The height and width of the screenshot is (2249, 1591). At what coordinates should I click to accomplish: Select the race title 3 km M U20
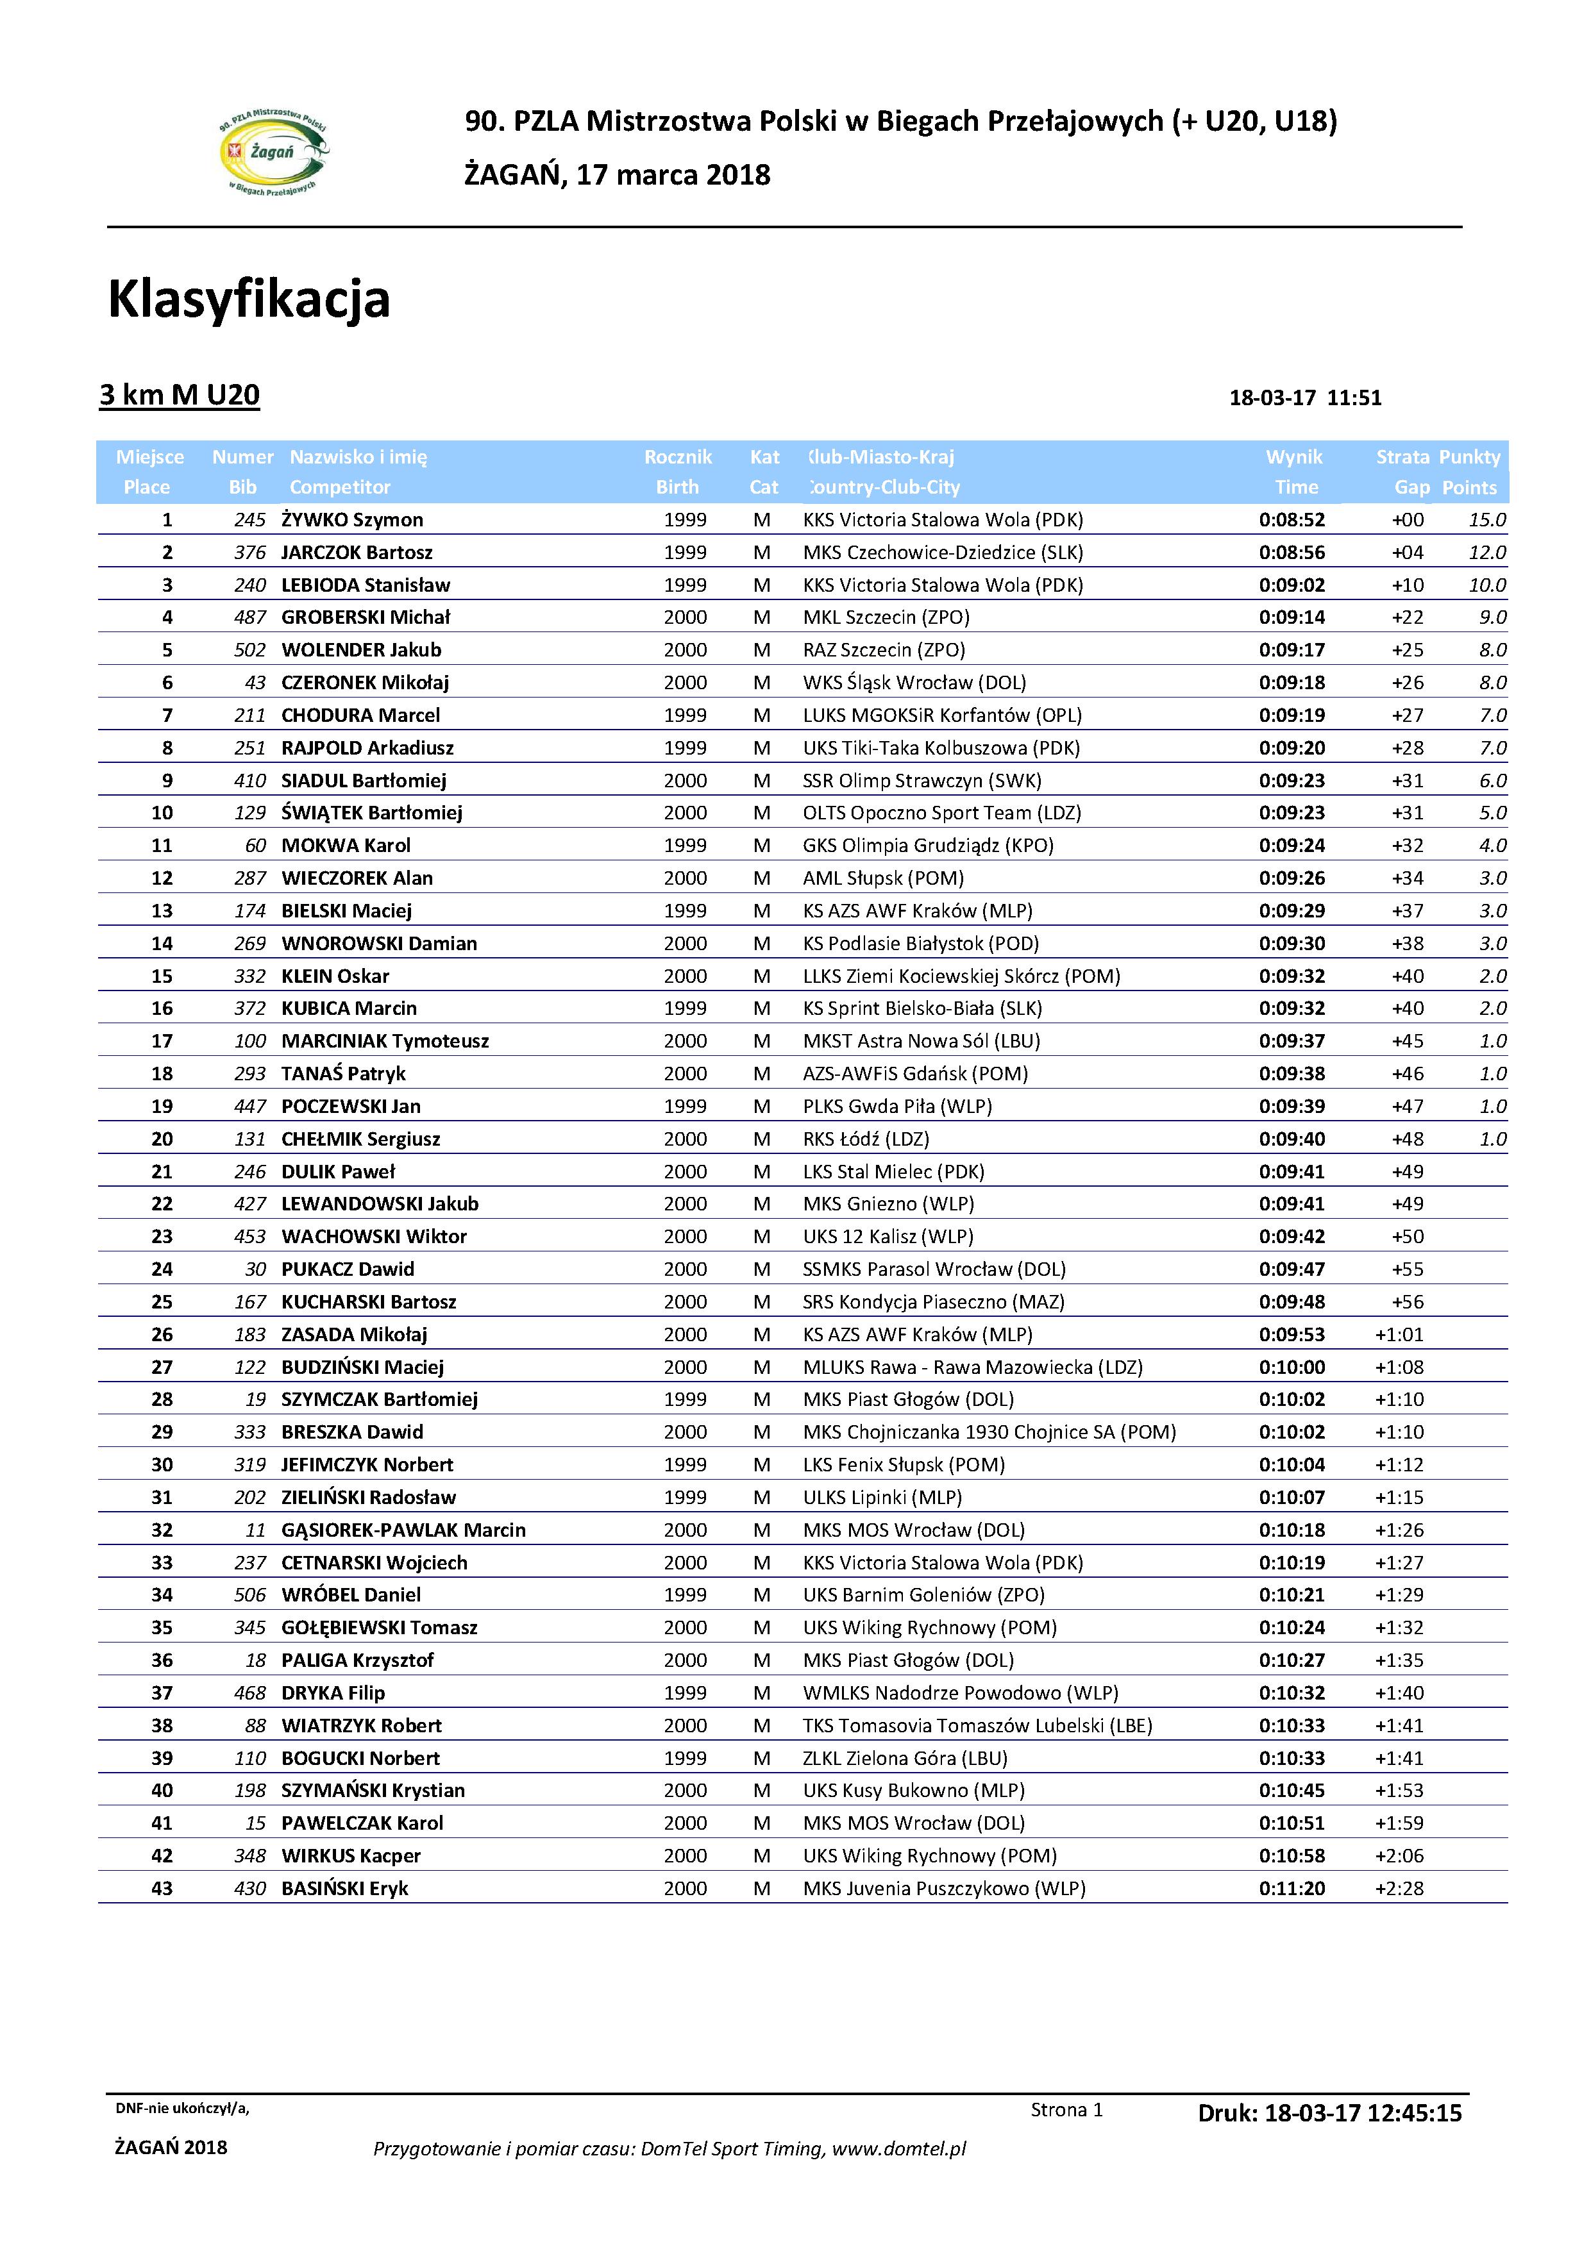[x=180, y=395]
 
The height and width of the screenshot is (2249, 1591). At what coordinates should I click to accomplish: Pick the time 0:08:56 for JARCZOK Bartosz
[x=1292, y=553]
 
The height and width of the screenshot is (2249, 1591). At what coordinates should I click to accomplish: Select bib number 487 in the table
[x=250, y=617]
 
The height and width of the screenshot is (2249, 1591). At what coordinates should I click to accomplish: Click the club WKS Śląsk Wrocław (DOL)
[x=914, y=683]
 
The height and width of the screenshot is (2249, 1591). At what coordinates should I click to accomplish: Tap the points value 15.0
[x=1486, y=520]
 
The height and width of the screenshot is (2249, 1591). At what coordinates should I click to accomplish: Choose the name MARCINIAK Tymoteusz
[x=385, y=1041]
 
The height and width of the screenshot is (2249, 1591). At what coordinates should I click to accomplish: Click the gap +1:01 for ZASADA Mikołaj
[x=1399, y=1334]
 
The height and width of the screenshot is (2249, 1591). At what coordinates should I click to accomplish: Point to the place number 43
[x=162, y=1889]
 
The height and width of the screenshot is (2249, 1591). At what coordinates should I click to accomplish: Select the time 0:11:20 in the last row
[x=1292, y=1889]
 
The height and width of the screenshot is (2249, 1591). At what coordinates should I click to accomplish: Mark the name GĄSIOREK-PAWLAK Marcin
[x=403, y=1530]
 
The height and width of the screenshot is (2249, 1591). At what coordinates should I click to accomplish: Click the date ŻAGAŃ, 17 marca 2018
[x=617, y=175]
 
